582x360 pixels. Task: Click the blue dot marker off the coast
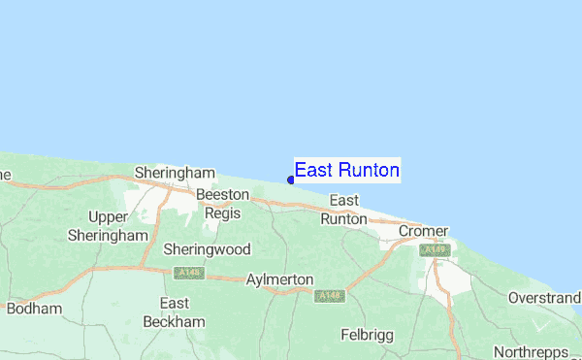(291, 180)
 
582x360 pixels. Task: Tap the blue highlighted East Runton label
(346, 171)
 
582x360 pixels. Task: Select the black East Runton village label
(344, 210)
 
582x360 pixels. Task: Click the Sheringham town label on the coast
(175, 173)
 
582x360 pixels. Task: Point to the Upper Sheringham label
(108, 225)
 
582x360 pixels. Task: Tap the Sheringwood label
(207, 249)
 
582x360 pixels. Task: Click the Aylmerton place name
(280, 279)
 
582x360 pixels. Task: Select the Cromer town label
(423, 232)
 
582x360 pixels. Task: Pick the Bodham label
(34, 309)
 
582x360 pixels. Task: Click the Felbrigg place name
(371, 335)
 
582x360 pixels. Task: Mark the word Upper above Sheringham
(108, 216)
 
